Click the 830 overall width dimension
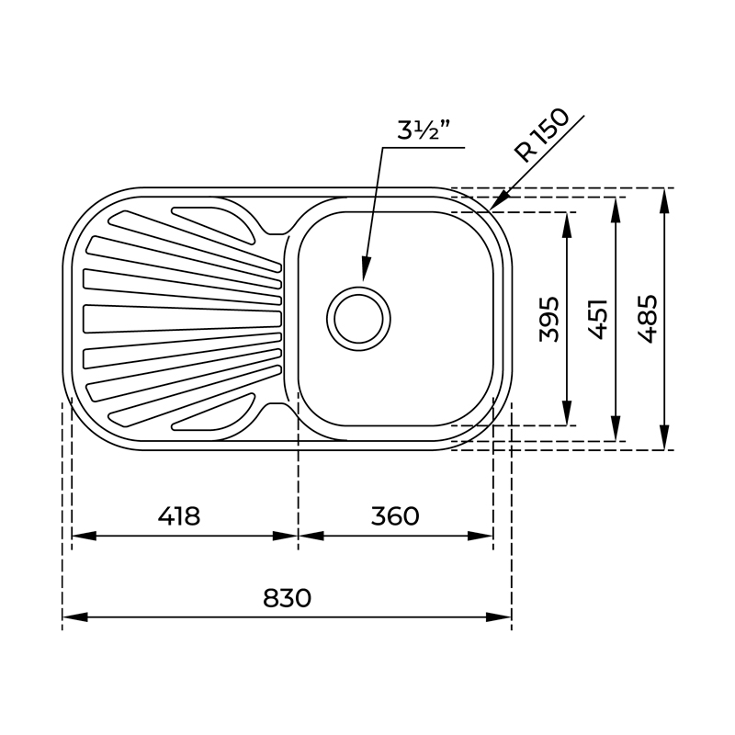[287, 598]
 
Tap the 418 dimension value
[178, 516]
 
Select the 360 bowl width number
[395, 516]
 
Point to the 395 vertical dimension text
[549, 319]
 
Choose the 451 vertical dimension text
[598, 319]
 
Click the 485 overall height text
[648, 319]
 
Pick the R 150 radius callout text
[542, 135]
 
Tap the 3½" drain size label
[424, 130]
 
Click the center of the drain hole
[358, 319]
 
